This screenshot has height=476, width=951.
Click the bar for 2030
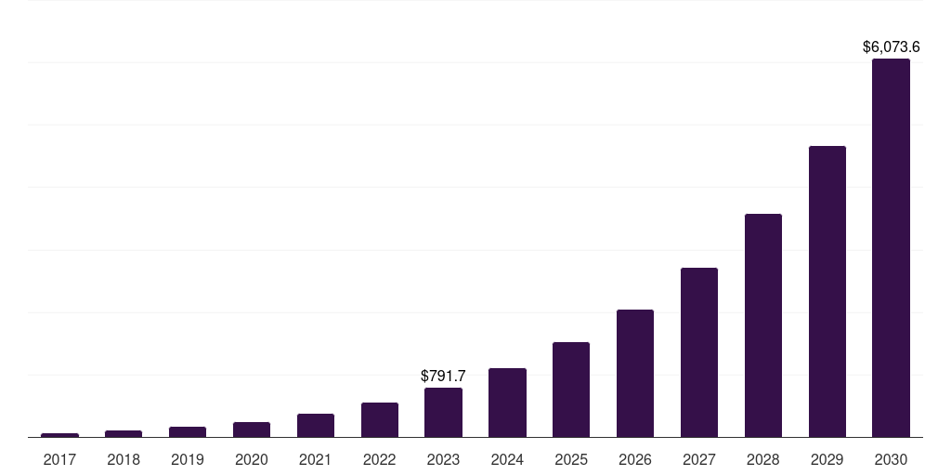pyautogui.click(x=891, y=247)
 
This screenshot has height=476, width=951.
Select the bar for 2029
pyautogui.click(x=827, y=291)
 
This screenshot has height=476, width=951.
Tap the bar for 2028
pyautogui.click(x=762, y=325)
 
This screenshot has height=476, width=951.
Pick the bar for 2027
pyautogui.click(x=698, y=352)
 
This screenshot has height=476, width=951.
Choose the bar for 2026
pyautogui.click(x=635, y=373)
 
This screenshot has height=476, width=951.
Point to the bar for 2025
pyautogui.click(x=571, y=390)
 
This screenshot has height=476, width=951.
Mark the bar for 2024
pyautogui.click(x=507, y=403)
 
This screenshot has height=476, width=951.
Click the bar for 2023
pyautogui.click(x=443, y=412)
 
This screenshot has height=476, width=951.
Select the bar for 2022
pyautogui.click(x=379, y=419)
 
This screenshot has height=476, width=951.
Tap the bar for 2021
pyautogui.click(x=316, y=425)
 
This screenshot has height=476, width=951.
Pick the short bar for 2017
pyautogui.click(x=59, y=435)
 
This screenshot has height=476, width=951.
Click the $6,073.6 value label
pyautogui.click(x=891, y=46)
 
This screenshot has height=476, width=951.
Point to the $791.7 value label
pyautogui.click(x=443, y=376)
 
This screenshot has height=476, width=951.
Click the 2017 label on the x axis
pyautogui.click(x=59, y=459)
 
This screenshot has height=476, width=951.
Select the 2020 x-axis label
pyautogui.click(x=252, y=459)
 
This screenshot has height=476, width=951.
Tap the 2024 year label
pyautogui.click(x=507, y=459)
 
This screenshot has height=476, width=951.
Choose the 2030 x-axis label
pyautogui.click(x=891, y=459)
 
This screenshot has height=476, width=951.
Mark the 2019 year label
pyautogui.click(x=188, y=459)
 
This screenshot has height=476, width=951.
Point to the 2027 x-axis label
pyautogui.click(x=698, y=459)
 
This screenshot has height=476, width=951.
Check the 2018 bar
pyautogui.click(x=124, y=433)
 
